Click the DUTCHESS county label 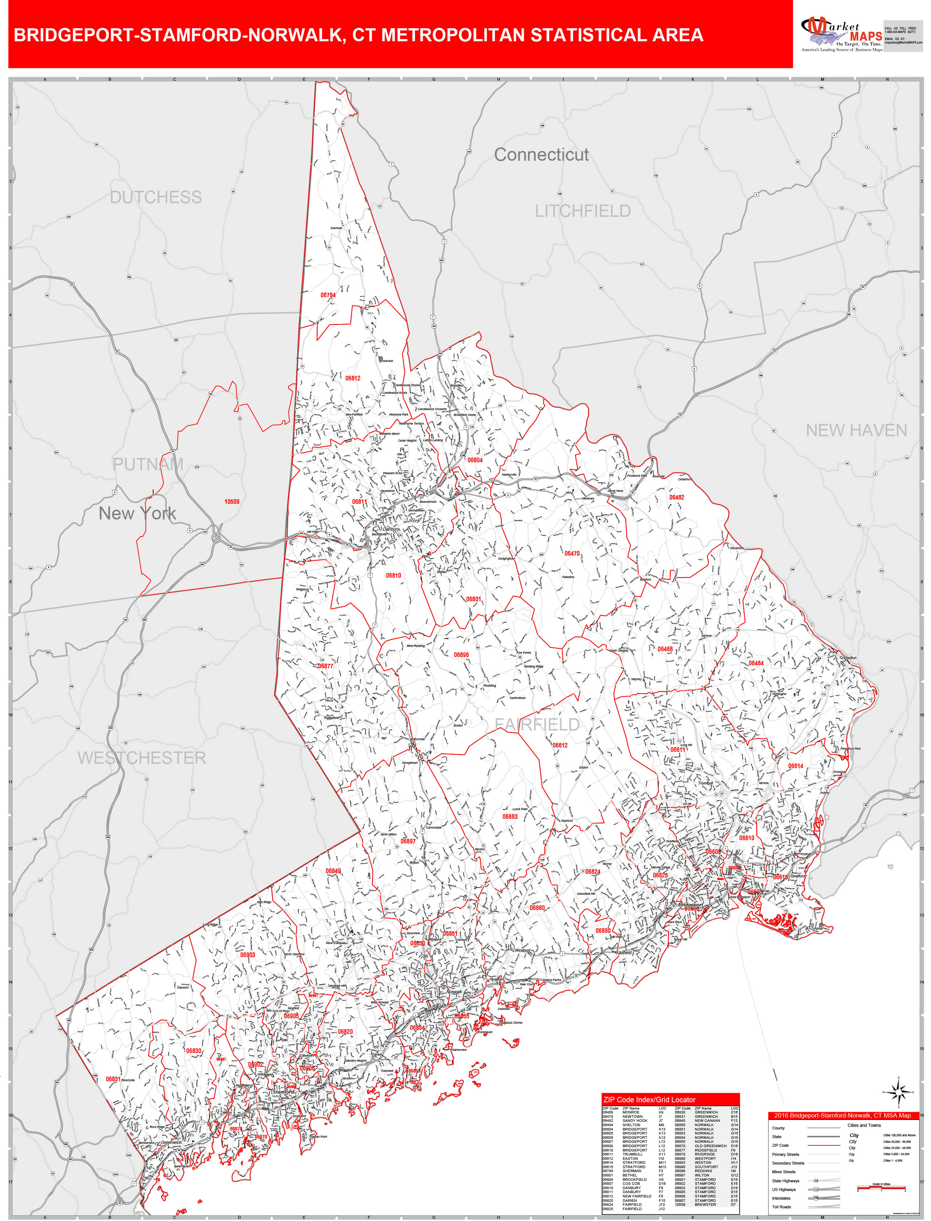(156, 197)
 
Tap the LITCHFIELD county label (583, 211)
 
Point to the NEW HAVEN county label (856, 431)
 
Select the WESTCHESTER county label (142, 758)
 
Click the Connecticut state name (541, 155)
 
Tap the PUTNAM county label (148, 464)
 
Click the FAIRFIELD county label (537, 724)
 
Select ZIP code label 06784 (328, 295)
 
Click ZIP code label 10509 (232, 502)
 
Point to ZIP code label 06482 (677, 497)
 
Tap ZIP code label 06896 (461, 654)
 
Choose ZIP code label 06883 (510, 816)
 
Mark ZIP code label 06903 (248, 955)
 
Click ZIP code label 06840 (333, 871)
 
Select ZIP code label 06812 (353, 378)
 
